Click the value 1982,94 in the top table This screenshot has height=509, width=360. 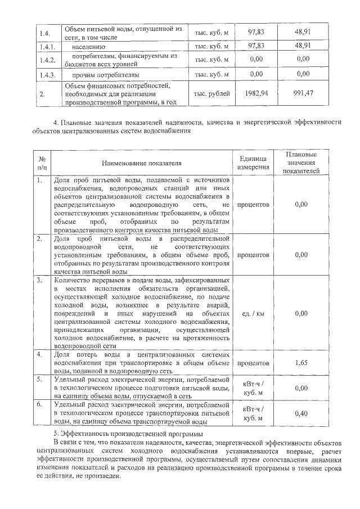(x=256, y=94)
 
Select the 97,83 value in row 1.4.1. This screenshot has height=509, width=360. (x=256, y=46)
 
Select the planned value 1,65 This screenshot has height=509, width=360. (x=301, y=364)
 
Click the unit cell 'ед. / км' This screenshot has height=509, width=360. (x=253, y=313)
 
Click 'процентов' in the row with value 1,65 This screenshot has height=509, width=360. (x=253, y=364)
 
